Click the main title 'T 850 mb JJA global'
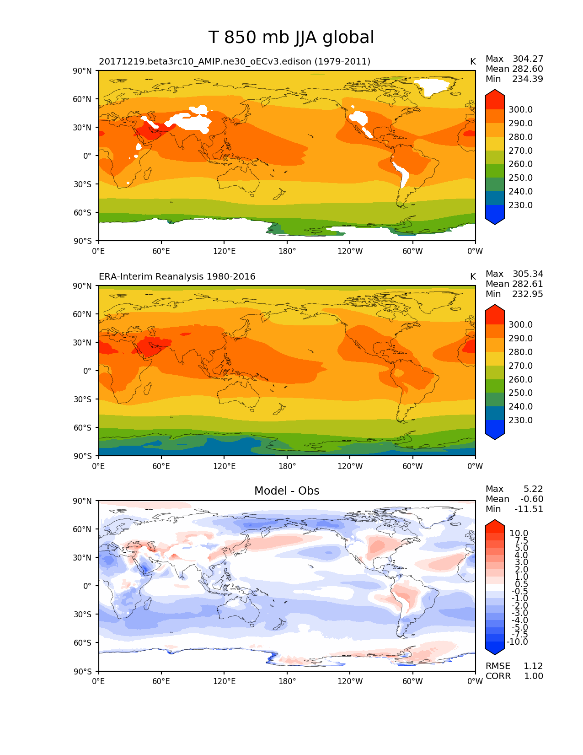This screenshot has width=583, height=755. pyautogui.click(x=291, y=38)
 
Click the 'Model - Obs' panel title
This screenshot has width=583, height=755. pyautogui.click(x=287, y=491)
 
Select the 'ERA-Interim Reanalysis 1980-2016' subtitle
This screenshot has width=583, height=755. pyautogui.click(x=177, y=277)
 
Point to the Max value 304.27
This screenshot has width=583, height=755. pyautogui.click(x=528, y=59)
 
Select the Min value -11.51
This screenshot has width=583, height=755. pyautogui.click(x=529, y=509)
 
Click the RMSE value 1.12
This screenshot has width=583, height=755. pyautogui.click(x=533, y=666)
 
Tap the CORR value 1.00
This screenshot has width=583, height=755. pyautogui.click(x=533, y=676)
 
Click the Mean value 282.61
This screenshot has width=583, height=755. pyautogui.click(x=528, y=284)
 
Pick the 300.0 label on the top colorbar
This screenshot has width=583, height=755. pyautogui.click(x=520, y=109)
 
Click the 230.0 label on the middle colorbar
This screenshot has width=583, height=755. pyautogui.click(x=520, y=420)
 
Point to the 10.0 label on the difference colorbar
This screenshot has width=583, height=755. pyautogui.click(x=519, y=533)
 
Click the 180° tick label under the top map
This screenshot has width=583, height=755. pyautogui.click(x=287, y=251)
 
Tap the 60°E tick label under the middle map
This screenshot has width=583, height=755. pyautogui.click(x=161, y=466)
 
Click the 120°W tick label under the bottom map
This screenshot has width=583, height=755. pyautogui.click(x=350, y=681)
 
